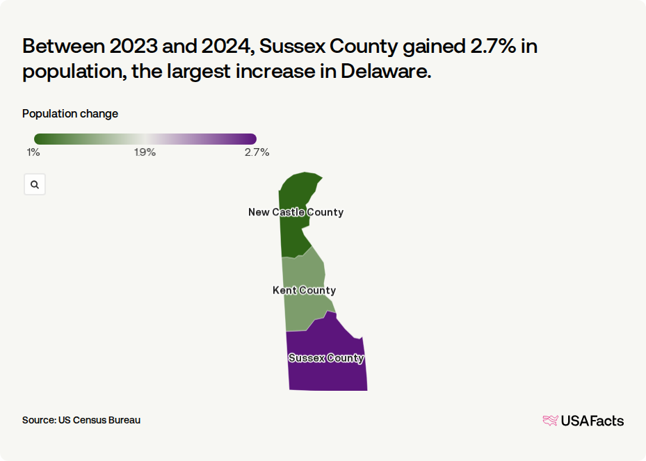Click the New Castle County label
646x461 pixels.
click(296, 212)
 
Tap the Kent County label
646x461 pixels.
click(304, 291)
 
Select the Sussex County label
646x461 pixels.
click(326, 358)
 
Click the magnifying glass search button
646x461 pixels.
click(35, 185)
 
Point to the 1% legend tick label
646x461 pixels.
click(33, 152)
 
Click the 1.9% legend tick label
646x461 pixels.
click(145, 152)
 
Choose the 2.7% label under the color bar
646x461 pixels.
click(257, 152)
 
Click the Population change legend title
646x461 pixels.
click(70, 114)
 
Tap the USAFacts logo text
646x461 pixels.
click(592, 421)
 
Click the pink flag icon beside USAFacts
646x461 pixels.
click(550, 421)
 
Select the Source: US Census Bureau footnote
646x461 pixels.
click(81, 420)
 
